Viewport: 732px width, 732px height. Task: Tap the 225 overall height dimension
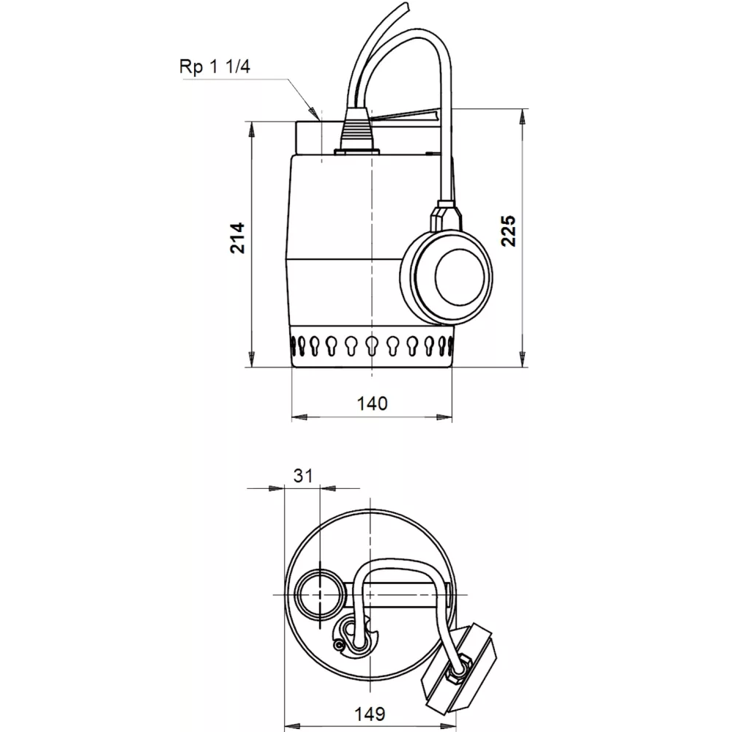point(509,231)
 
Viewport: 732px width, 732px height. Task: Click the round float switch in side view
point(445,277)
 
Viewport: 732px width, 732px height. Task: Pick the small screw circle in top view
point(337,644)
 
